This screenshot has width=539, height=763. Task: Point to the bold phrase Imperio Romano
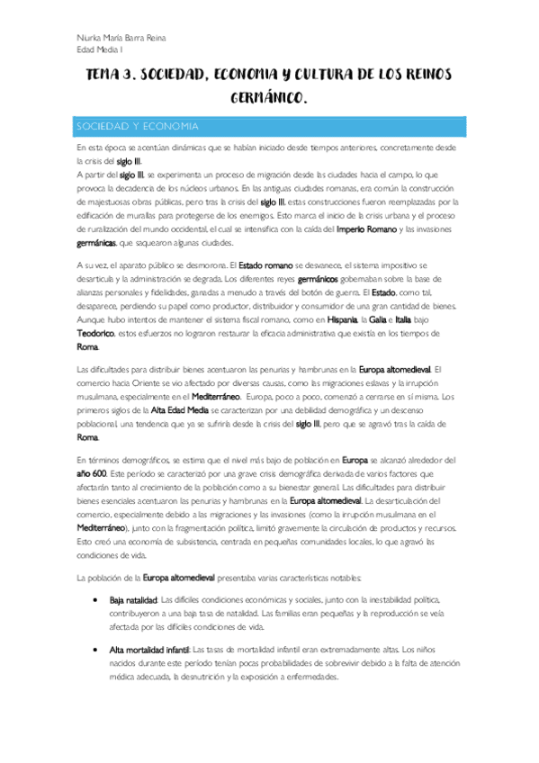pyautogui.click(x=363, y=229)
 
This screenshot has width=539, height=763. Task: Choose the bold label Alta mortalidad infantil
pyautogui.click(x=150, y=623)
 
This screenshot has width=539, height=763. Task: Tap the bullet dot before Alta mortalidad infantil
pyautogui.click(x=96, y=623)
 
